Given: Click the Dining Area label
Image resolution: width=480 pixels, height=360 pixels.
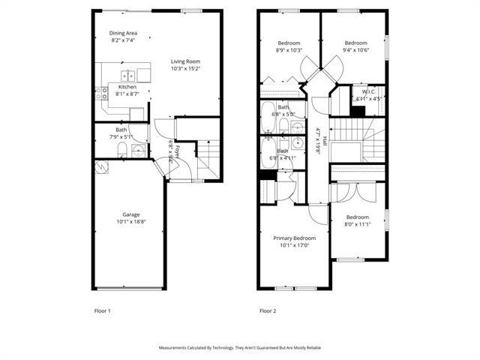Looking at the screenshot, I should [x=124, y=33].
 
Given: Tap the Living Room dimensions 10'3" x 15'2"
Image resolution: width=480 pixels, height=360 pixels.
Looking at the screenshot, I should [x=185, y=68].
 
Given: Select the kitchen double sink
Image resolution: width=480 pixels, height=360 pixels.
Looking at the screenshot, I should [x=128, y=74].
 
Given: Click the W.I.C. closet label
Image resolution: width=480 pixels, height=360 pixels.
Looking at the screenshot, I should [x=367, y=91].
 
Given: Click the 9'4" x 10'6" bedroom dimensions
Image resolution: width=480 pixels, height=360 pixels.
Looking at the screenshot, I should [x=355, y=50].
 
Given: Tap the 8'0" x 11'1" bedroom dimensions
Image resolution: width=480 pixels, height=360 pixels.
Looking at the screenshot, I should [x=358, y=223].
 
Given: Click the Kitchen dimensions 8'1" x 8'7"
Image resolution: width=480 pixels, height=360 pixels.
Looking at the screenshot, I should [x=127, y=94].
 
